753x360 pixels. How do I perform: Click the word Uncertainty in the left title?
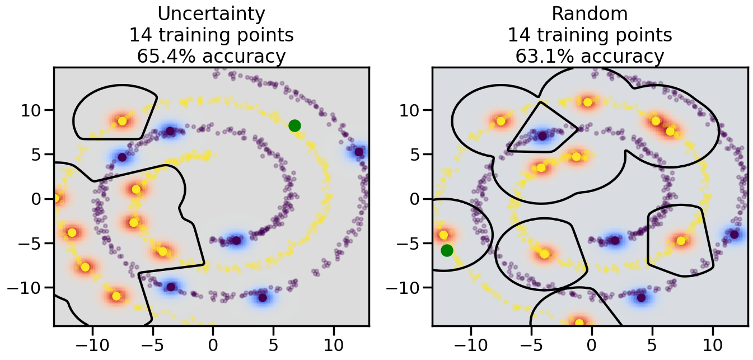(212, 13)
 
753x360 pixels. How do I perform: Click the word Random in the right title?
(590, 13)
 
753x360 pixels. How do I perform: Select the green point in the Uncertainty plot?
(294, 125)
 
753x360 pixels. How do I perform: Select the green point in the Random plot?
(447, 250)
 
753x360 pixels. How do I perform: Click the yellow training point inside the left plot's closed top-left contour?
(122, 121)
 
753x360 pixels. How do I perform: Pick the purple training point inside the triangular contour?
(542, 135)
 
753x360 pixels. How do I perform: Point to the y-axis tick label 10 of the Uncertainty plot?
(33, 109)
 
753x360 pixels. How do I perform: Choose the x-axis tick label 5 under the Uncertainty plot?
(273, 342)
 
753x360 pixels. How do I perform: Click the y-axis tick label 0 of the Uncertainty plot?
(40, 199)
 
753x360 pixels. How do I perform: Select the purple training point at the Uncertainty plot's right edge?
(359, 152)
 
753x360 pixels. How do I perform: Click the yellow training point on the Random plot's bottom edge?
(579, 323)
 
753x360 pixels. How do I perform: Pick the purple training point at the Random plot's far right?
(735, 235)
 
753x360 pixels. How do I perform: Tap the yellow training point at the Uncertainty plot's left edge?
(55, 198)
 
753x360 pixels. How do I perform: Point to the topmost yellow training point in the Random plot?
(588, 102)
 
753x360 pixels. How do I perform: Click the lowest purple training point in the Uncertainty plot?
(262, 297)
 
